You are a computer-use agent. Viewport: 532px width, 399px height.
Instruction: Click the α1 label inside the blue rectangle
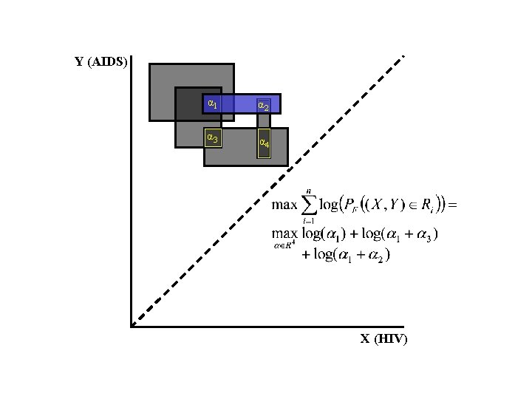pos(212,103)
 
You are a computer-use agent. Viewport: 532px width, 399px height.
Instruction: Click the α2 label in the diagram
pos(262,106)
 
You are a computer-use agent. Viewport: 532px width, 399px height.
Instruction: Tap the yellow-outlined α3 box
pos(212,137)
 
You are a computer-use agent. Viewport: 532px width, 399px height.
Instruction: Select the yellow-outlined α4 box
pos(263,143)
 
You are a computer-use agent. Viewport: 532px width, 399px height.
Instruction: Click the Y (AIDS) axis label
pos(102,62)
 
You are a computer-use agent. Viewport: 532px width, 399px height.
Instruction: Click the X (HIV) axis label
pos(383,339)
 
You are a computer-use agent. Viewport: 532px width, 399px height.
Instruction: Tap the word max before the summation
pos(284,205)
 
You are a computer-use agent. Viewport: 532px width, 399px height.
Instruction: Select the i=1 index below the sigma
pos(308,221)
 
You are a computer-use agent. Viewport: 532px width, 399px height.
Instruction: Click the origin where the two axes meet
pos(131,325)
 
